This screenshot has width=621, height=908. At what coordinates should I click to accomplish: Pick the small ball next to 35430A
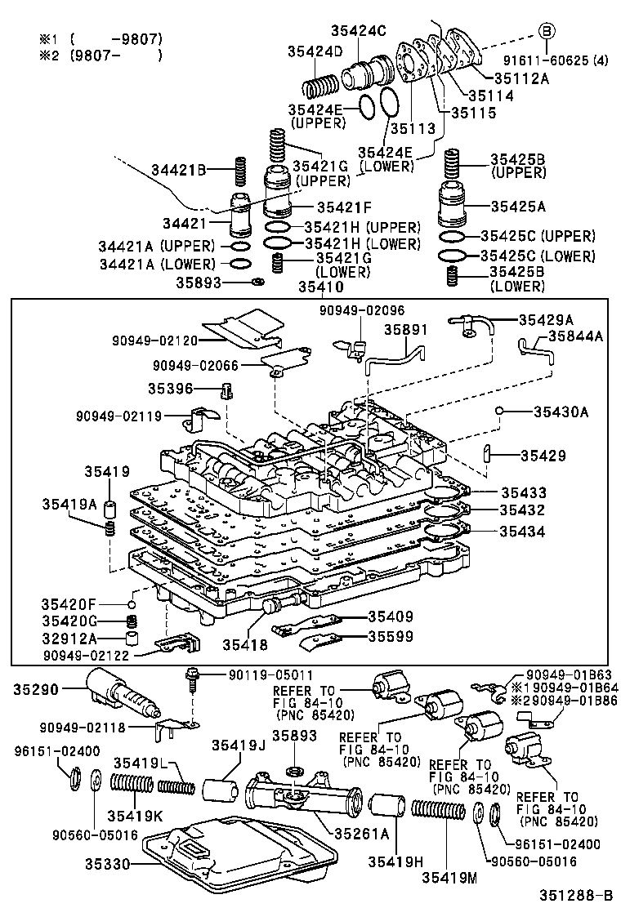[x=498, y=411]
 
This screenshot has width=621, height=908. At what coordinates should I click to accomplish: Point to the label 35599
[x=390, y=636]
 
